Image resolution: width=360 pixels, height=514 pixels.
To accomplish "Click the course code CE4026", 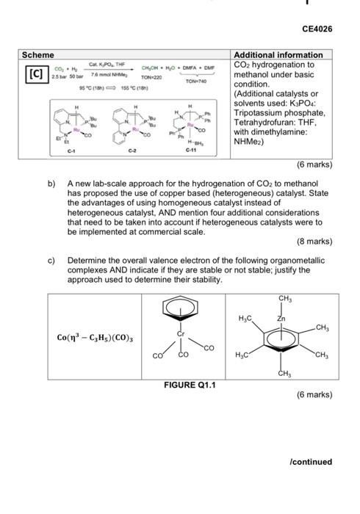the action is click(x=317, y=29).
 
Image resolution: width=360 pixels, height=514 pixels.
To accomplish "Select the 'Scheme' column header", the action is click(x=36, y=55).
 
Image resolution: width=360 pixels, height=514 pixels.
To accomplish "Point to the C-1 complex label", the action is click(x=71, y=151).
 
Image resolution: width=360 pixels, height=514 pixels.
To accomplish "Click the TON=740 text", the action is click(x=197, y=82).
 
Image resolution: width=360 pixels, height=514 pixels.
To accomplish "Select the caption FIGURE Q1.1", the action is click(x=190, y=385).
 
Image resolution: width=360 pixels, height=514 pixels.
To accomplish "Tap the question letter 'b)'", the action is click(x=51, y=184).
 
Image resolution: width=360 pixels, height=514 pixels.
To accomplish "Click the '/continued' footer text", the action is click(x=311, y=462).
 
